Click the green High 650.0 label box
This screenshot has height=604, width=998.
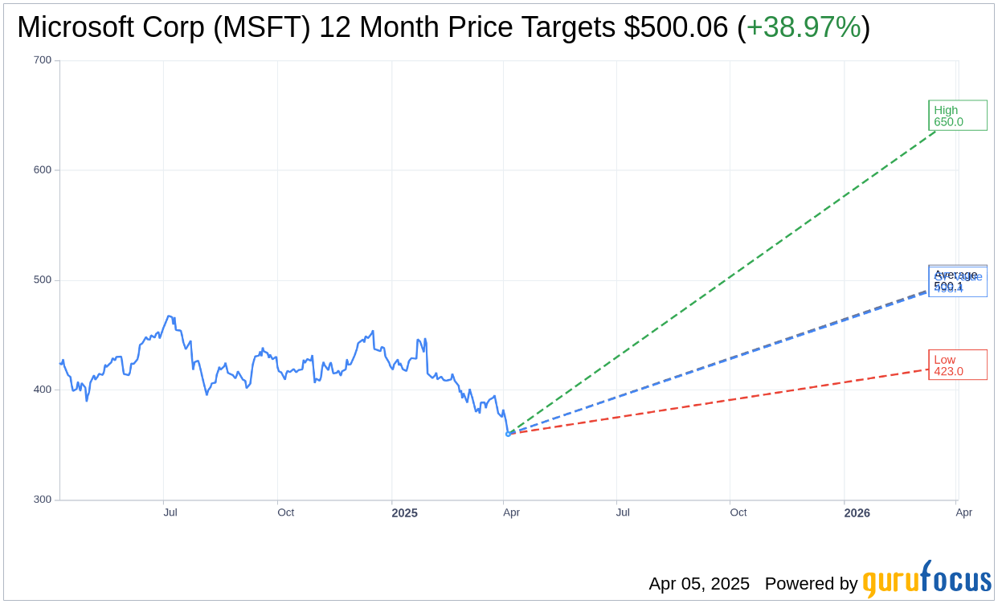click(957, 116)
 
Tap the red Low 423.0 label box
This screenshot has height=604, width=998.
click(957, 365)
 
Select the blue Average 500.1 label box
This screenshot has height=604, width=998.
click(957, 280)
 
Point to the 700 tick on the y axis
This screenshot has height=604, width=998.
click(43, 60)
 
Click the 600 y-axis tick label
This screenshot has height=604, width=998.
click(43, 170)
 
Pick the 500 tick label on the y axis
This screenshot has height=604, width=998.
click(43, 280)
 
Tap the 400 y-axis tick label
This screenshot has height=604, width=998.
click(43, 390)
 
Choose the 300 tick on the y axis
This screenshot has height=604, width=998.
click(43, 500)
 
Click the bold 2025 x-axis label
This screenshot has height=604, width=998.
click(404, 513)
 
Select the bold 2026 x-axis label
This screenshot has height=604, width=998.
click(857, 513)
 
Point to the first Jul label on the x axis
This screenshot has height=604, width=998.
click(170, 512)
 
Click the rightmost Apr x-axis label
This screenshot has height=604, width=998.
click(963, 512)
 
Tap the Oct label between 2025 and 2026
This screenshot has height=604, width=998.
click(738, 512)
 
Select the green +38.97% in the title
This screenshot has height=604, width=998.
click(804, 28)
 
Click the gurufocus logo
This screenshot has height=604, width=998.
click(926, 580)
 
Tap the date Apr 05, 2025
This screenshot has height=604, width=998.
click(699, 584)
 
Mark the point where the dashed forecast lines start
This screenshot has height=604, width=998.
click(508, 434)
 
